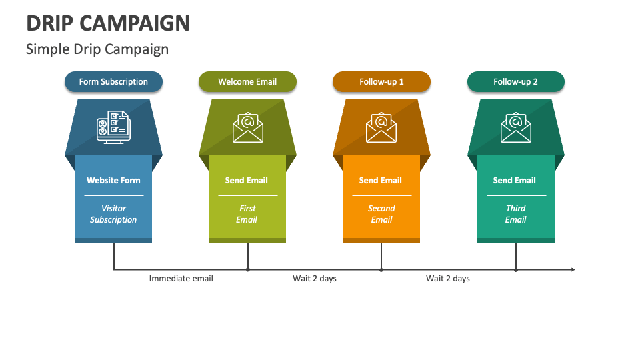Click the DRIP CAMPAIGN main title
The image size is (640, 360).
pyautogui.click(x=108, y=23)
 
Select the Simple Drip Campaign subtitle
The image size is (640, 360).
pyautogui.click(x=97, y=49)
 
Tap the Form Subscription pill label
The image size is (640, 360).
pyautogui.click(x=113, y=82)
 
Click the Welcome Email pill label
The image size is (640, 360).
pyautogui.click(x=247, y=82)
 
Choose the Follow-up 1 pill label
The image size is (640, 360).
pyautogui.click(x=381, y=82)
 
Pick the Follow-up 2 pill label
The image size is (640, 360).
pyautogui.click(x=515, y=82)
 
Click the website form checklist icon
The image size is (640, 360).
pyautogui.click(x=113, y=127)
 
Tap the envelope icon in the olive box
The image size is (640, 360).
pyautogui.click(x=248, y=127)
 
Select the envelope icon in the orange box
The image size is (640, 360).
pyautogui.click(x=381, y=127)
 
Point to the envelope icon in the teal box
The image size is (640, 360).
pyautogui.click(x=515, y=127)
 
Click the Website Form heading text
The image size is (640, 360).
pyautogui.click(x=113, y=180)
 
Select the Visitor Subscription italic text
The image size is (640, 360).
pyautogui.click(x=113, y=214)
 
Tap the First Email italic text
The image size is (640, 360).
pyautogui.click(x=247, y=214)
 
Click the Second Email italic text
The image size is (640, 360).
pyautogui.click(x=381, y=214)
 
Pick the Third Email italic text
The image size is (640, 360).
pyautogui.click(x=515, y=214)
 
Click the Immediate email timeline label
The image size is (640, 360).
pyautogui.click(x=181, y=279)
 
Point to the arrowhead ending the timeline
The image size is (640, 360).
pyautogui.click(x=573, y=269)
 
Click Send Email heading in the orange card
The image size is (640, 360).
pyautogui.click(x=381, y=180)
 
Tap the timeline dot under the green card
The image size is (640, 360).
pyautogui.click(x=248, y=269)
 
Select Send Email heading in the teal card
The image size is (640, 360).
pyautogui.click(x=515, y=180)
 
